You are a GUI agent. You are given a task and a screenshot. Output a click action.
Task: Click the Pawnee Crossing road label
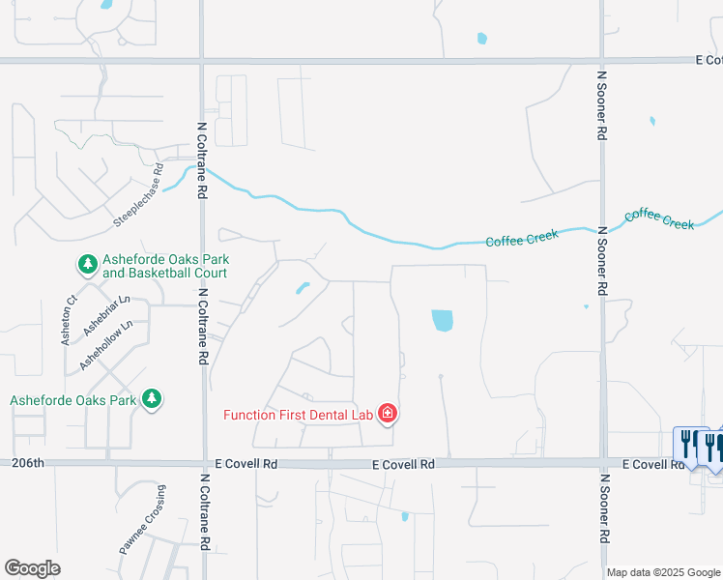155,523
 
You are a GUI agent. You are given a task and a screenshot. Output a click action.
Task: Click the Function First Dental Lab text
299,415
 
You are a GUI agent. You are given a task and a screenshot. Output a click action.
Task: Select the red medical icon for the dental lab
388,414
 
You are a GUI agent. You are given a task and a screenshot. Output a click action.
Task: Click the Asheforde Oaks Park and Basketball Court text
164,266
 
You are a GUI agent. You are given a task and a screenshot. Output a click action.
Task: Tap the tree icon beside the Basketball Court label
87,263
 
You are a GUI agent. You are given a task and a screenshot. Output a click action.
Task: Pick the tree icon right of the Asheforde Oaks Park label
151,398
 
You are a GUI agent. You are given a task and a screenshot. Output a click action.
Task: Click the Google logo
33,568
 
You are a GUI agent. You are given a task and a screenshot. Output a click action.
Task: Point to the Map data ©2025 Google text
663,572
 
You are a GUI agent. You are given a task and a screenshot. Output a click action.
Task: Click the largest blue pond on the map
442,320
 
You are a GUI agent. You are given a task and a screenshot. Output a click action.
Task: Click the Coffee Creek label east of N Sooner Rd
659,217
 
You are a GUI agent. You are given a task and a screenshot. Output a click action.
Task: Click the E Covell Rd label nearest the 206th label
246,464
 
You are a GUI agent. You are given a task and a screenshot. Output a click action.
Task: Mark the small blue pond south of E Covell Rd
405,516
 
